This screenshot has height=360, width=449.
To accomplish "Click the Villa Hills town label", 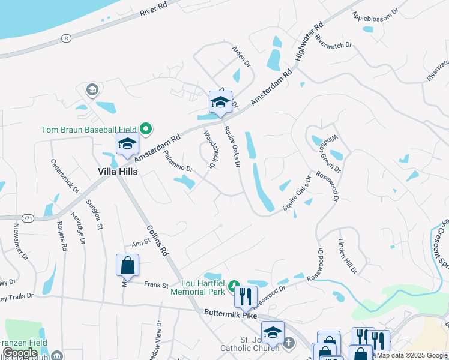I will pos(118,172).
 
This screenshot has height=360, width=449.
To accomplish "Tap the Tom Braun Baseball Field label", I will pos(89,129).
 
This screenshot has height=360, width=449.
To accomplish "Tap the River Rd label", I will pos(153,9).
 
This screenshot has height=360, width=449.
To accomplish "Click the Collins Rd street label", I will pos(156,238).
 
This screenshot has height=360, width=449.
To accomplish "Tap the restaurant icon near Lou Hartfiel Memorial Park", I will pos(245,296).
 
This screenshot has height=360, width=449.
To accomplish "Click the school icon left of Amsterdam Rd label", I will pos(127,143).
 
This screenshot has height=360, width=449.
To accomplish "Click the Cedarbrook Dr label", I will pos(65,175).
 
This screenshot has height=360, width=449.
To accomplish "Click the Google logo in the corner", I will pos(20,353).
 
